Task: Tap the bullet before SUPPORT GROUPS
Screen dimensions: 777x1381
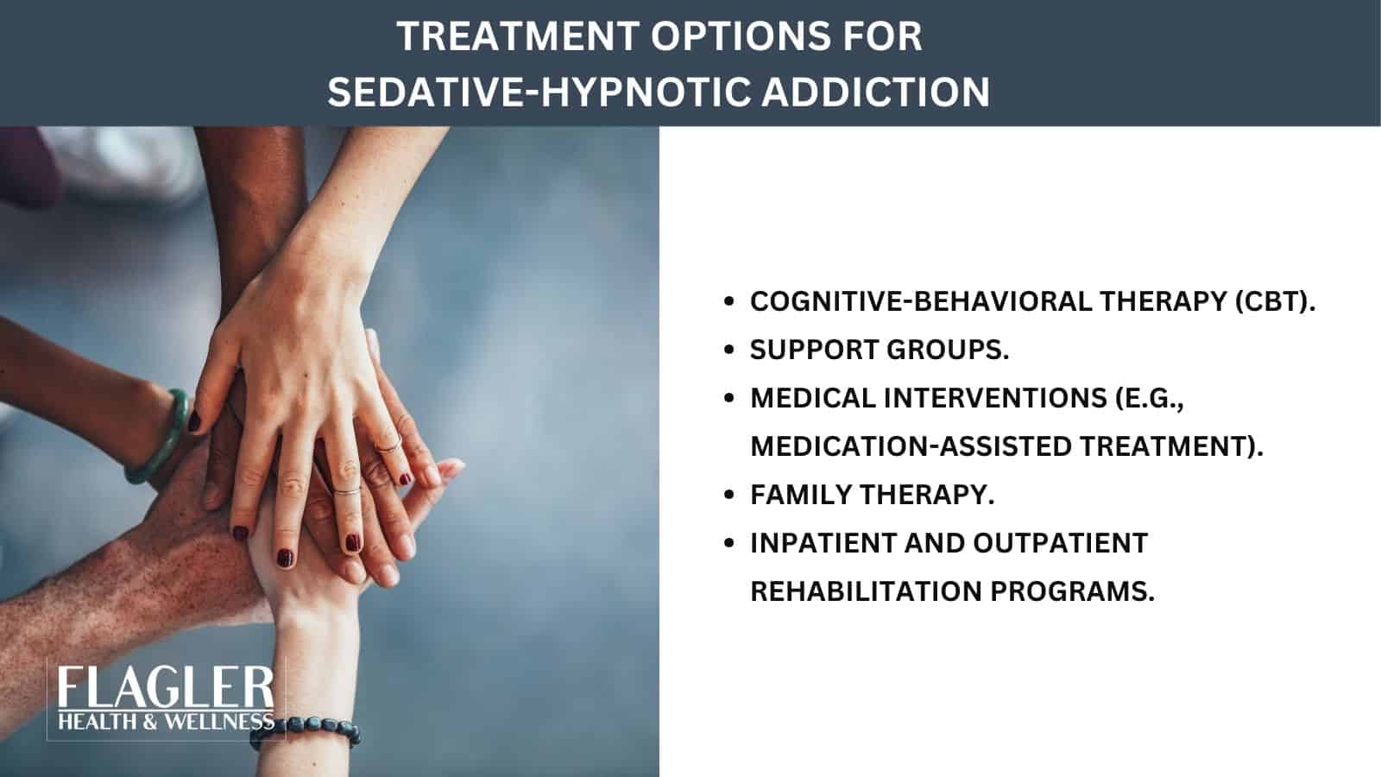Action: click(x=730, y=351)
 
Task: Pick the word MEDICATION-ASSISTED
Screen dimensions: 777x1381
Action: click(x=910, y=446)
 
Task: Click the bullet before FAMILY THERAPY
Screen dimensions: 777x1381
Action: click(x=730, y=496)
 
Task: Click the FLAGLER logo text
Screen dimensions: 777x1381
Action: click(x=165, y=689)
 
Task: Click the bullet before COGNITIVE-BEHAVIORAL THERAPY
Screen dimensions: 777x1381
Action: click(x=730, y=302)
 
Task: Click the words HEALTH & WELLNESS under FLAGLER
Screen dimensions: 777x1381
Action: click(x=165, y=721)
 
